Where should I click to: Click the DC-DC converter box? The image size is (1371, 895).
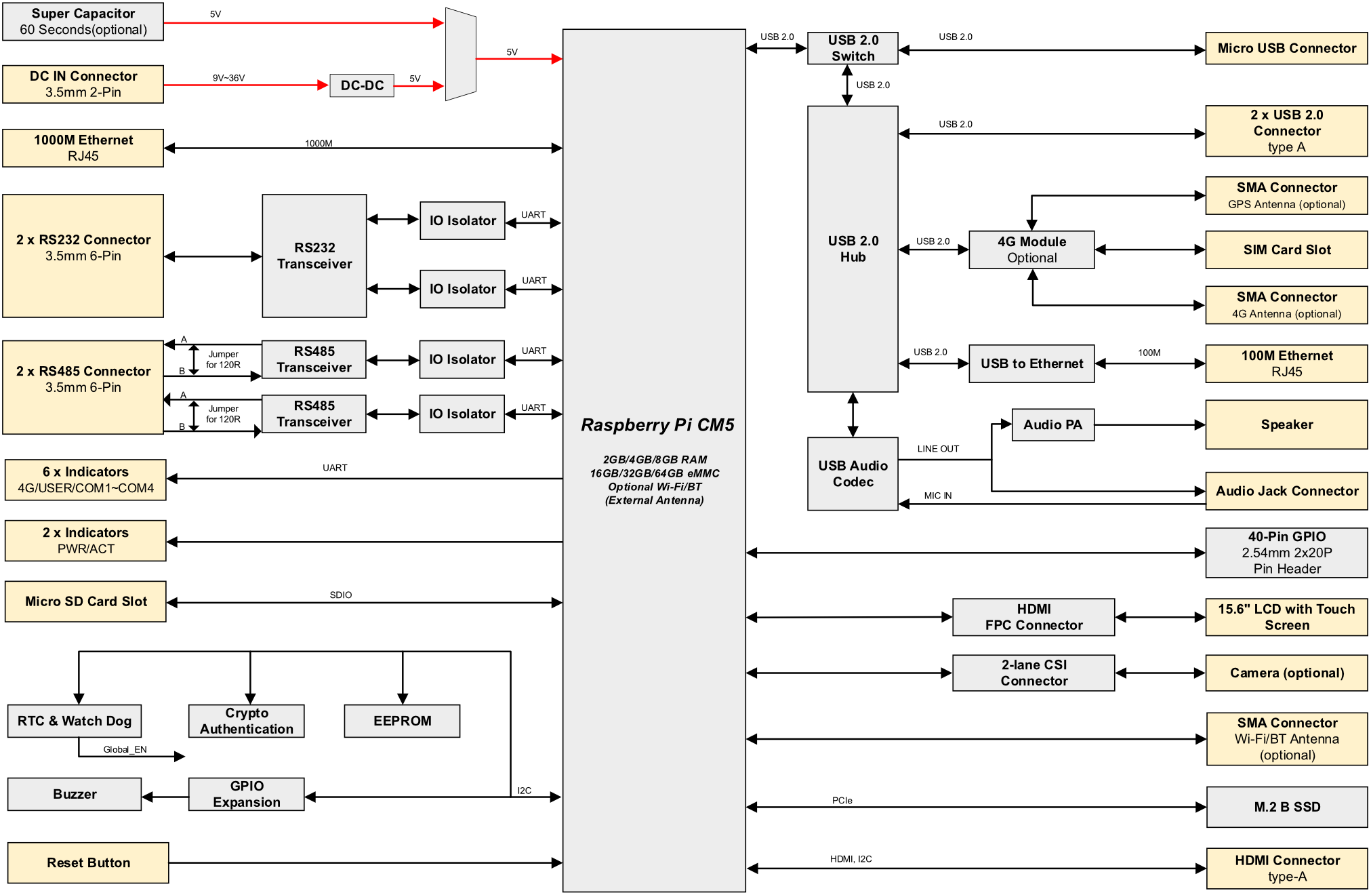click(x=362, y=85)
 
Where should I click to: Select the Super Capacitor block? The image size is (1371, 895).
click(x=83, y=22)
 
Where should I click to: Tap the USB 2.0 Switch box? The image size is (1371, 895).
click(x=853, y=48)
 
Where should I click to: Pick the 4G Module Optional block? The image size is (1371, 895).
click(x=1031, y=250)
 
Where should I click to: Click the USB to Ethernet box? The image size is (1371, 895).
click(x=1031, y=364)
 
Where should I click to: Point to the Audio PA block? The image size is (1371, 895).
click(x=1053, y=425)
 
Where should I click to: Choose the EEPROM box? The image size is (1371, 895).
click(x=403, y=721)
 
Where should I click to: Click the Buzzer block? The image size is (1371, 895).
click(x=75, y=794)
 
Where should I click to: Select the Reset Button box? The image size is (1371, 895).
click(x=88, y=862)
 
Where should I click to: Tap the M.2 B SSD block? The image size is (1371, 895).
click(x=1287, y=807)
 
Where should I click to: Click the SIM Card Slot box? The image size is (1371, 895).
click(x=1287, y=250)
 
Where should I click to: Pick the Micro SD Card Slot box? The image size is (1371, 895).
click(x=85, y=601)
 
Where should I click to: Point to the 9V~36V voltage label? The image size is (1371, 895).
click(x=228, y=78)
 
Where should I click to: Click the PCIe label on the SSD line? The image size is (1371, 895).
click(x=842, y=801)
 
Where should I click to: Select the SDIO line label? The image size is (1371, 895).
click(x=341, y=595)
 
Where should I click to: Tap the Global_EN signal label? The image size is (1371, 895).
click(x=125, y=749)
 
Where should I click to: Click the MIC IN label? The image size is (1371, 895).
click(x=938, y=496)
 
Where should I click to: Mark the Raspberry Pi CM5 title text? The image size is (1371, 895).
click(x=657, y=425)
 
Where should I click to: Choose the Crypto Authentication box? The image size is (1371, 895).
click(x=247, y=721)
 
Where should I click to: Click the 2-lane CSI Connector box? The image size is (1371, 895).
click(x=1034, y=673)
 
